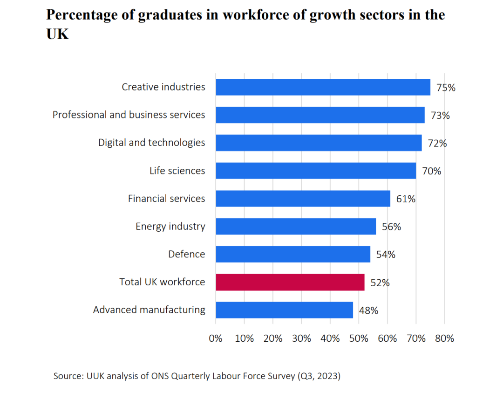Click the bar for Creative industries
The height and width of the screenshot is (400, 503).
tap(323, 87)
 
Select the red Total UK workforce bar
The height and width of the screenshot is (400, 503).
tap(290, 282)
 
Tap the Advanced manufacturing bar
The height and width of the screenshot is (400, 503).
tap(284, 310)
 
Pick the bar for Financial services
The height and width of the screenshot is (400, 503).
tap(303, 199)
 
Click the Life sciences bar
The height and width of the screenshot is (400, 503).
tap(316, 171)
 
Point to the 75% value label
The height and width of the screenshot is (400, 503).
tap(446, 87)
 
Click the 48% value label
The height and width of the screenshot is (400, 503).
tap(368, 310)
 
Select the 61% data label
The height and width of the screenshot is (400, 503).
tap(406, 199)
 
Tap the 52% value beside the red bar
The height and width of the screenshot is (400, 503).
tap(380, 283)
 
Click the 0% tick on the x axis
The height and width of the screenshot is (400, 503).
tap(216, 338)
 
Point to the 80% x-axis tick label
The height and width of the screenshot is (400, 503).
tap(444, 338)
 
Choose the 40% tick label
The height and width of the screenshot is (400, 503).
tap(330, 338)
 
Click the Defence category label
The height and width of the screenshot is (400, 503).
tap(186, 254)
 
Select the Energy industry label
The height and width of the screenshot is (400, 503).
tap(170, 227)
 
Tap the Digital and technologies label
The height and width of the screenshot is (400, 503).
tap(151, 143)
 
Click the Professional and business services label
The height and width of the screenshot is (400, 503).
tap(129, 115)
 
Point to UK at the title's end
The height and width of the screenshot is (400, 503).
tap(57, 34)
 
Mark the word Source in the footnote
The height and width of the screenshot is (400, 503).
tap(68, 376)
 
